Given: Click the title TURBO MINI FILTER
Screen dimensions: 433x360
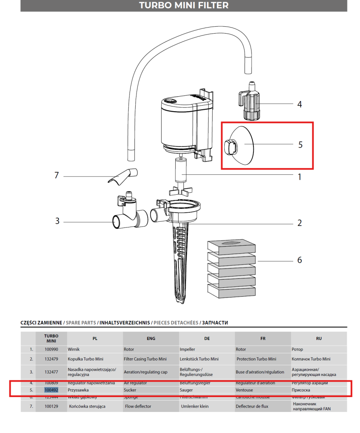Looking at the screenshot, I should tap(183, 5).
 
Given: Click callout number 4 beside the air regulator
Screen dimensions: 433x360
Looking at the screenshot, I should tap(300, 104).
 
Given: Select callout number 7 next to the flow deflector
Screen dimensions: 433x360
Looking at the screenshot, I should tap(57, 176).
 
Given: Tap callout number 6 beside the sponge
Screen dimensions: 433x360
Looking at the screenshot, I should tap(300, 260).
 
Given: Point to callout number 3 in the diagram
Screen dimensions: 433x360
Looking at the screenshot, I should tap(58, 221).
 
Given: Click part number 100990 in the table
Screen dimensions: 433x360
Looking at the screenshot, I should tap(51, 349).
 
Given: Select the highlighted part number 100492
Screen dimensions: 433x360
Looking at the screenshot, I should tap(51, 390).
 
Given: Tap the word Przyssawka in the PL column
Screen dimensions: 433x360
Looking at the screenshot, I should tap(78, 390).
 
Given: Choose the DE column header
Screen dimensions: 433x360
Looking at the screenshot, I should tap(207, 338).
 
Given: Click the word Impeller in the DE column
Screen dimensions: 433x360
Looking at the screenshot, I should tap(187, 349).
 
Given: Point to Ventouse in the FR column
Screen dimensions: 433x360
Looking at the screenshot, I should tap(244, 390).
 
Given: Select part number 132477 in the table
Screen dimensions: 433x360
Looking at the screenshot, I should tap(51, 372).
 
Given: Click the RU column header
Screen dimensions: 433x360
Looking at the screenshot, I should tap(319, 338).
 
